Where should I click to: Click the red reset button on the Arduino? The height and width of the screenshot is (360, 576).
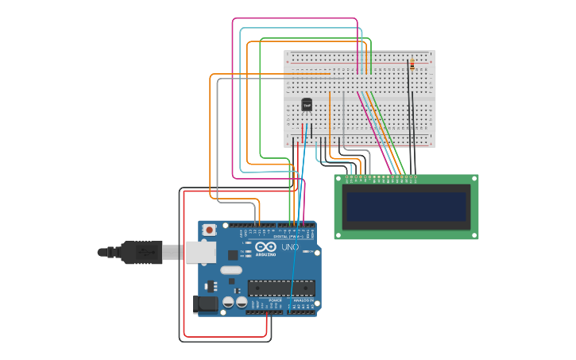click(209, 230)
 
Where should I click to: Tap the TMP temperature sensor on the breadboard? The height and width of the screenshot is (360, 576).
click(307, 105)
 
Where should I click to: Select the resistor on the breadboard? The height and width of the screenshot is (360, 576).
click(411, 64)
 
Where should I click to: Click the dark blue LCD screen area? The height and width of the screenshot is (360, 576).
click(405, 207)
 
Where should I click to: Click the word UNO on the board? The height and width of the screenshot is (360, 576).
click(291, 247)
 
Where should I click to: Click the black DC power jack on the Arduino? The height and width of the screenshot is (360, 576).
click(205, 304)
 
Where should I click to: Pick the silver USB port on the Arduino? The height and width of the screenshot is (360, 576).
click(199, 252)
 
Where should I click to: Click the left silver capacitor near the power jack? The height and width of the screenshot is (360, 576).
click(228, 302)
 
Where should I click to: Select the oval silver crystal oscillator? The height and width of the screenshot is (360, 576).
click(231, 270)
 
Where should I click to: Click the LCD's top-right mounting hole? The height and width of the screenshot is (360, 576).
click(474, 179)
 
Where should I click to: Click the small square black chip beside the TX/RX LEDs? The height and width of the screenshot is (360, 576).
click(233, 255)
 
